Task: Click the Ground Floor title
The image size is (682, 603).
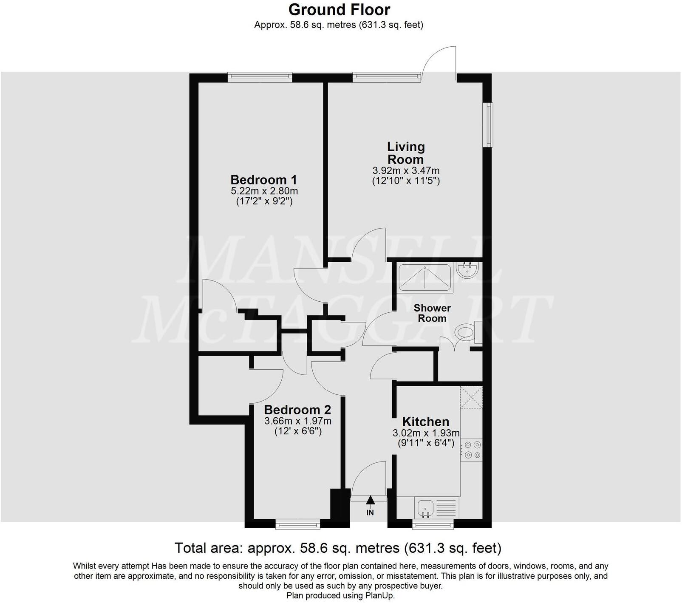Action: [339, 9]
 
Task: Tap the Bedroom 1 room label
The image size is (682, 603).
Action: [263, 179]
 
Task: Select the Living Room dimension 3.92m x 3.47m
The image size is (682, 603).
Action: [406, 171]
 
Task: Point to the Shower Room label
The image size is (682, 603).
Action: [432, 313]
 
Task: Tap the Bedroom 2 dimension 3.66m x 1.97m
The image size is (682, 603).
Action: [297, 421]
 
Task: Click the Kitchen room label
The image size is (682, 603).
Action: [425, 422]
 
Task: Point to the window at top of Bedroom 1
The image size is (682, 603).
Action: [259, 77]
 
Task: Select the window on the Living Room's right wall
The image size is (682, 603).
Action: [490, 125]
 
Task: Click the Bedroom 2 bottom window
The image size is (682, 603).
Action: [297, 524]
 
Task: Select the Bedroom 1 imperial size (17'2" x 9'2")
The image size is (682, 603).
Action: [264, 201]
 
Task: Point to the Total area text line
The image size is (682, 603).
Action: [338, 548]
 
